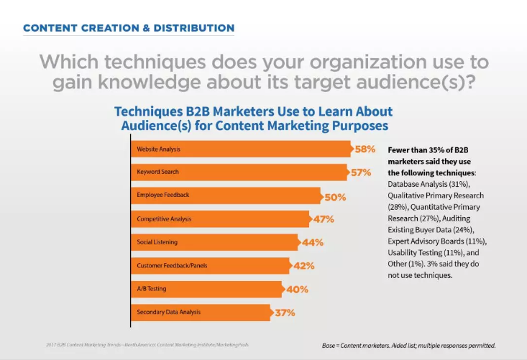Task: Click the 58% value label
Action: pyautogui.click(x=365, y=149)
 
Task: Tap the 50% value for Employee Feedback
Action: pyautogui.click(x=335, y=196)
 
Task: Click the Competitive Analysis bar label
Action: pyautogui.click(x=164, y=218)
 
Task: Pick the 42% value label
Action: pyautogui.click(x=305, y=266)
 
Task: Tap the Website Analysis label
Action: pyautogui.click(x=158, y=149)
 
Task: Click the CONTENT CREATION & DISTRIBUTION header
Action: pyautogui.click(x=129, y=28)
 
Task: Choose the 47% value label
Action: pyautogui.click(x=324, y=219)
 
